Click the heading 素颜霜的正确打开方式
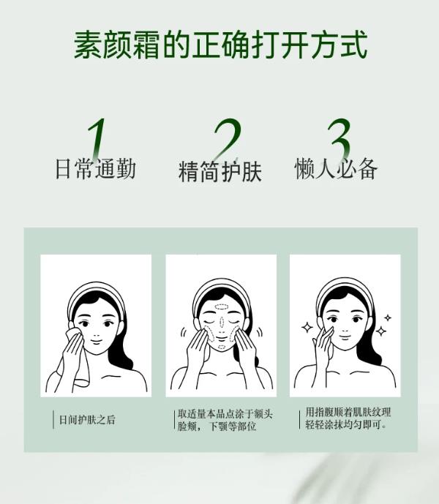click(x=219, y=45)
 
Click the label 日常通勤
click(x=95, y=169)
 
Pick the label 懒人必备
click(x=336, y=169)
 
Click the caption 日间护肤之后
click(x=87, y=420)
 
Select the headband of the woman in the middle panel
click(x=220, y=286)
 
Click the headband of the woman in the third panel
click(x=344, y=285)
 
